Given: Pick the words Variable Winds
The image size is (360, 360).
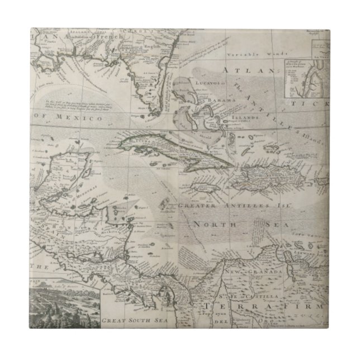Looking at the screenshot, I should (x=247, y=56).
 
